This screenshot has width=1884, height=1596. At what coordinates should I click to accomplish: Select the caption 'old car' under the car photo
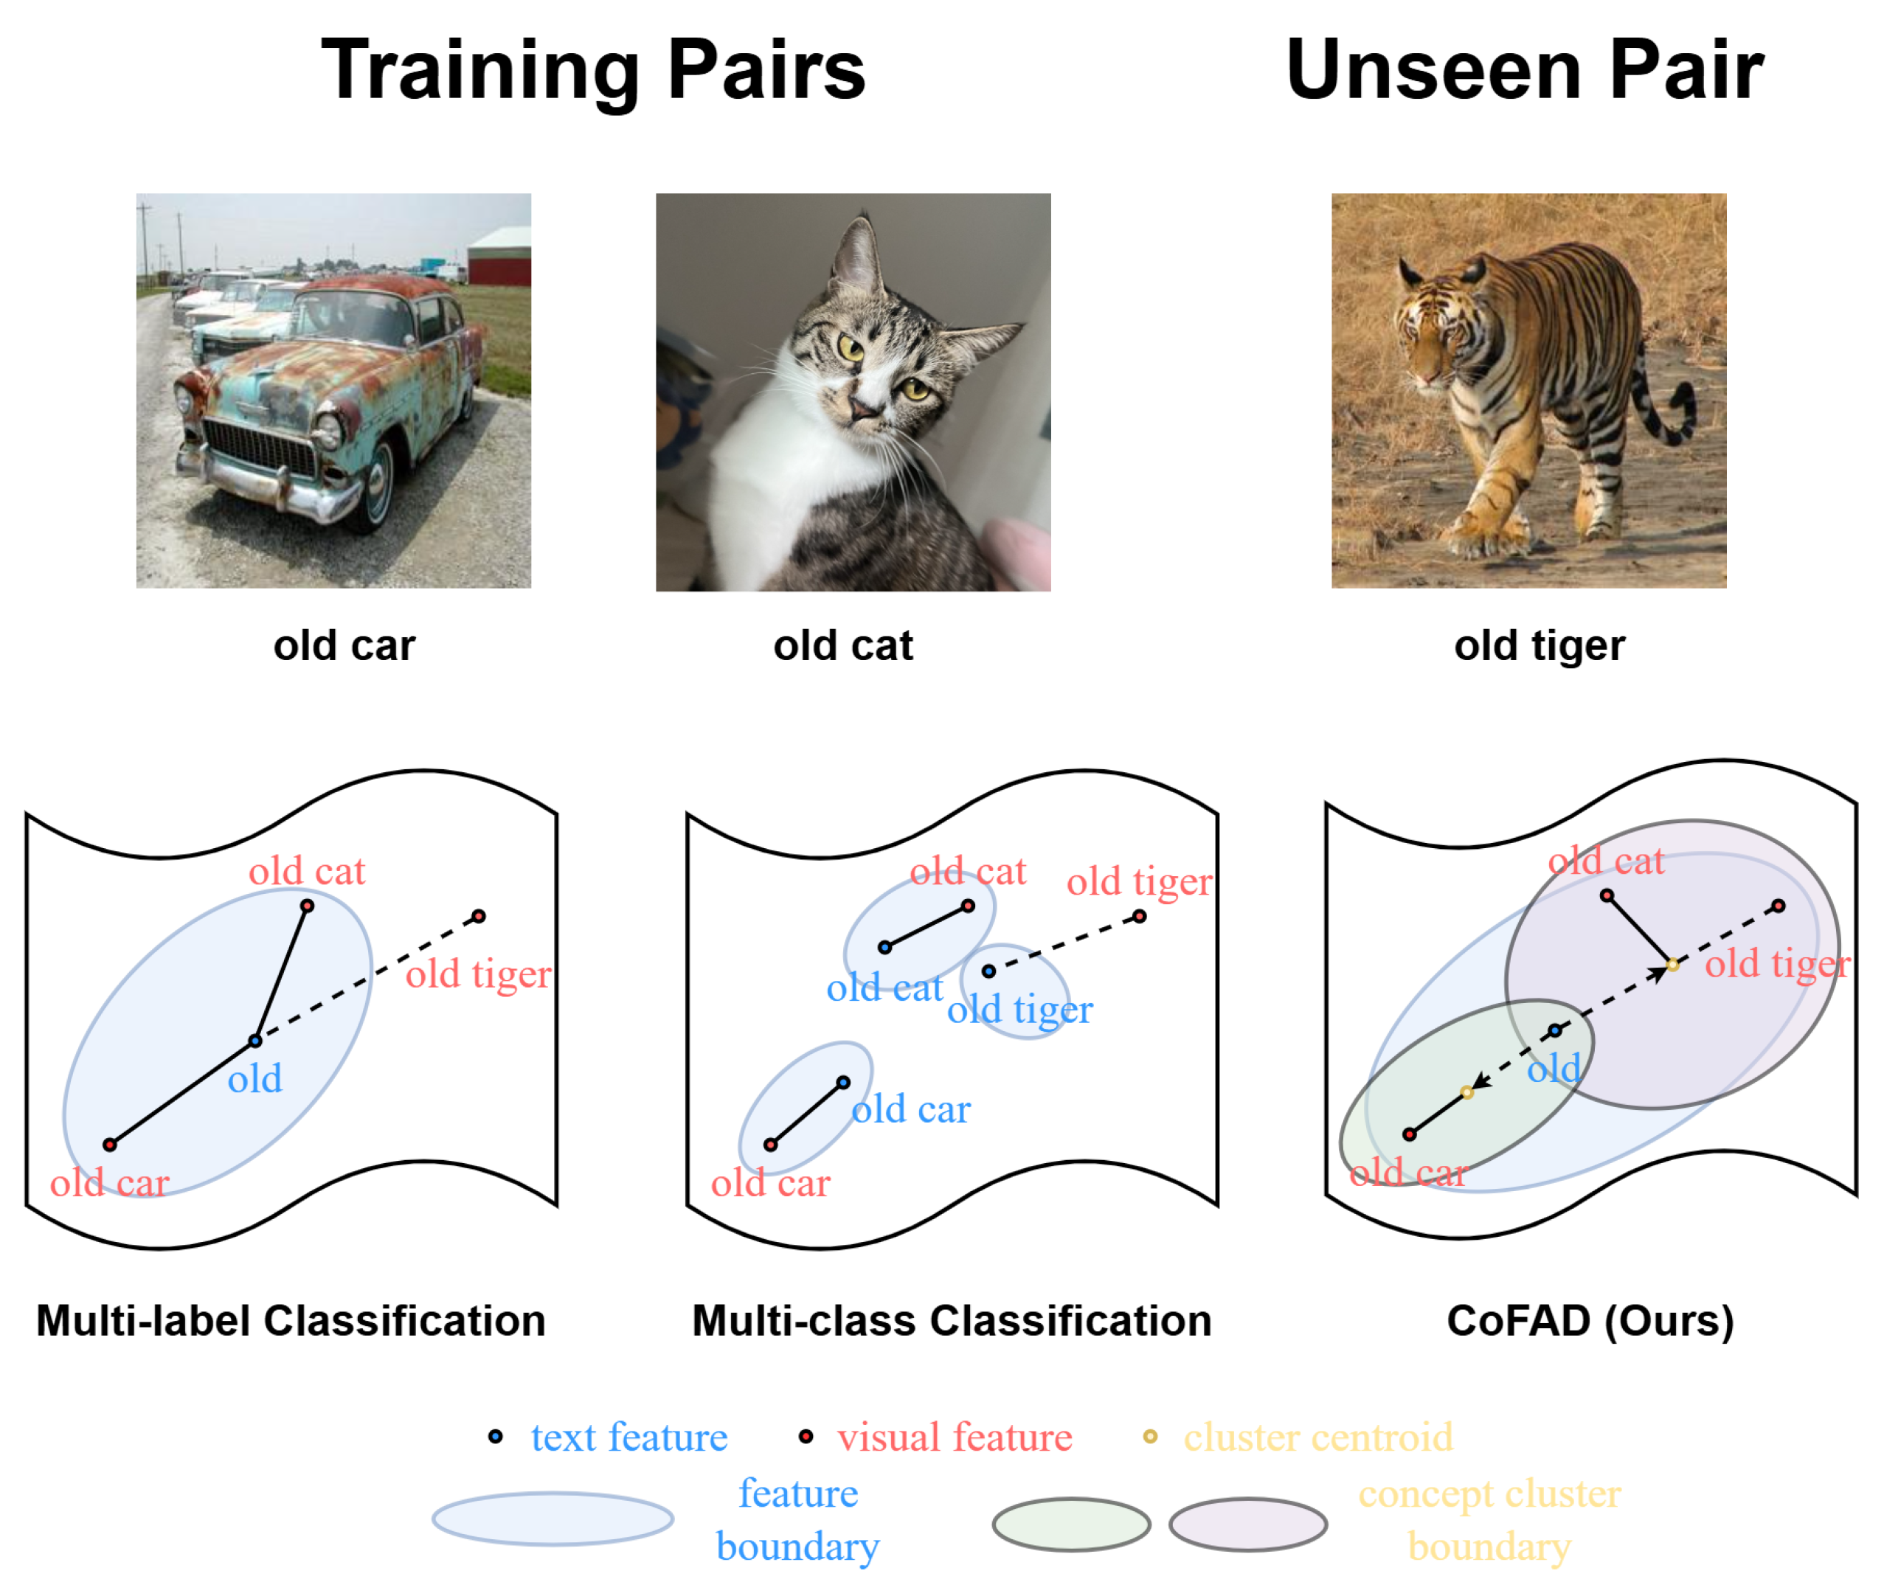coord(344,645)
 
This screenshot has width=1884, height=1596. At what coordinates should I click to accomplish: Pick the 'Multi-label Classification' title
coord(291,1320)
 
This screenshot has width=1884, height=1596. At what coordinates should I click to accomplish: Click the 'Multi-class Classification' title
coord(951,1320)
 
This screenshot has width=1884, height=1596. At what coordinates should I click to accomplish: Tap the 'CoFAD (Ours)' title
coord(1590,1320)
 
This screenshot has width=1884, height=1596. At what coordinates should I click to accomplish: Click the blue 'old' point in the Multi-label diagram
coord(255,1041)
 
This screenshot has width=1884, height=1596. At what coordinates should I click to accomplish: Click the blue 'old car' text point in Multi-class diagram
coord(842,1082)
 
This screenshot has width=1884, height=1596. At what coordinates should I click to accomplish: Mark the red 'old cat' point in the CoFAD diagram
coord(1606,895)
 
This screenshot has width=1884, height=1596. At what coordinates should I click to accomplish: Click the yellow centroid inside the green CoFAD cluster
coord(1466,1092)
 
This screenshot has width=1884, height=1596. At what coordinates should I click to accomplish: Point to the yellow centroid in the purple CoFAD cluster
coord(1672,965)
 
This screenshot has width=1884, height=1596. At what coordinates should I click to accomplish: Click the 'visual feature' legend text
coord(954,1437)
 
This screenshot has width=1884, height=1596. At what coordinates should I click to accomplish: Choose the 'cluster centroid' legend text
coord(1317,1437)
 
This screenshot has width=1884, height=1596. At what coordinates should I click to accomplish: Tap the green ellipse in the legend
coord(1070,1524)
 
